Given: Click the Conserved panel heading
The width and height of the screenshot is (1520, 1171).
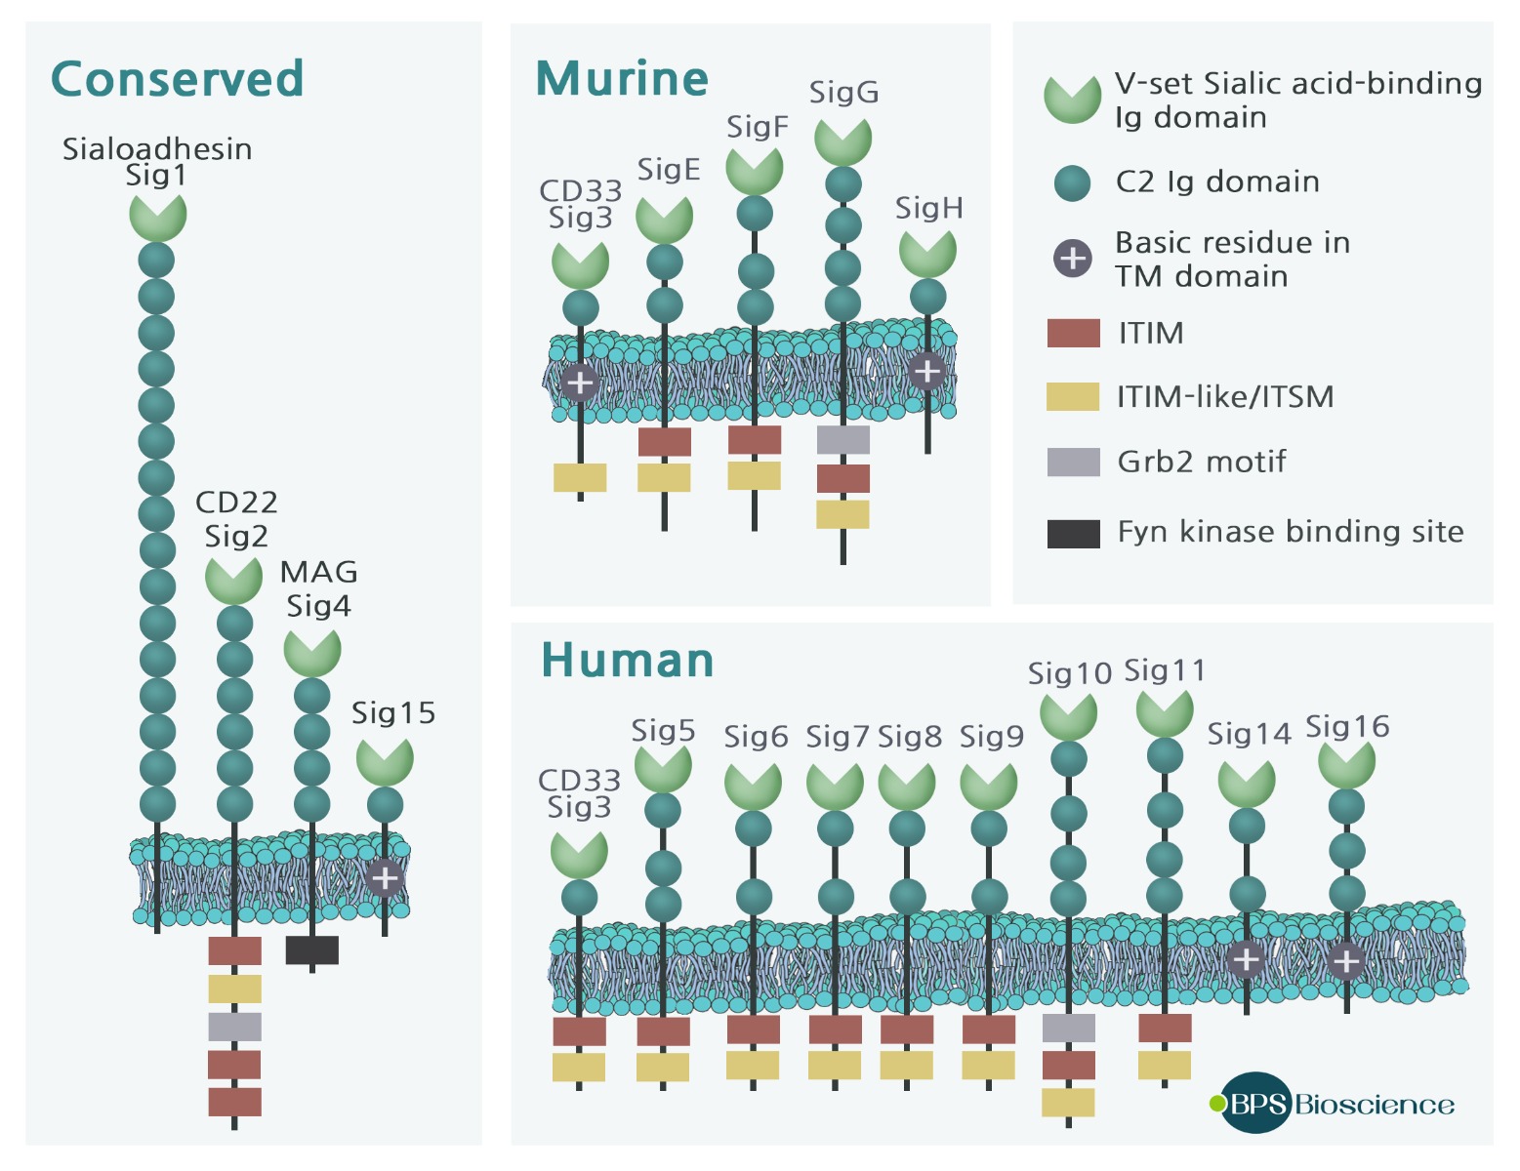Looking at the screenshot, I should pyautogui.click(x=177, y=79).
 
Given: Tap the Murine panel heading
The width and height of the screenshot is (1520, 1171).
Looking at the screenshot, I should pyautogui.click(x=622, y=79).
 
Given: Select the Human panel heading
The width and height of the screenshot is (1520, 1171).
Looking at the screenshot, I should pyautogui.click(x=627, y=661).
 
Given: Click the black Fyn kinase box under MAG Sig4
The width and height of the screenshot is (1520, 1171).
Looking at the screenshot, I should pyautogui.click(x=312, y=949).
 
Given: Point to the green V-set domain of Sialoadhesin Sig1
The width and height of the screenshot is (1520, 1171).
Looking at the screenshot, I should pyautogui.click(x=157, y=215).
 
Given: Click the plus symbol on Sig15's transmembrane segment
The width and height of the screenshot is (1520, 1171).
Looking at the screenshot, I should pyautogui.click(x=385, y=878).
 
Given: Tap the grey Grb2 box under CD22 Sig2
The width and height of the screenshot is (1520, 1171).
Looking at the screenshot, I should pyautogui.click(x=234, y=1027).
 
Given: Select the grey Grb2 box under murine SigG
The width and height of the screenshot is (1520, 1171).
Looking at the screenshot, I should pyautogui.click(x=842, y=440).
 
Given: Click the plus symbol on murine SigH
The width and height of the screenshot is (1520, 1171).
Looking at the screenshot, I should pyautogui.click(x=926, y=371).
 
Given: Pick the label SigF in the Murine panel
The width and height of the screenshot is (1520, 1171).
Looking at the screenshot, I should pyautogui.click(x=757, y=127).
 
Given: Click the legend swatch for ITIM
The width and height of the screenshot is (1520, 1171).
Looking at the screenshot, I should pyautogui.click(x=1073, y=334).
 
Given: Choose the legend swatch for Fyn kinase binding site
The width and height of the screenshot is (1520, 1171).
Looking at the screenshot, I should pyautogui.click(x=1073, y=533).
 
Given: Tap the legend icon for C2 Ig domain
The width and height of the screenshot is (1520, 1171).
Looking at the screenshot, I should pyautogui.click(x=1073, y=182).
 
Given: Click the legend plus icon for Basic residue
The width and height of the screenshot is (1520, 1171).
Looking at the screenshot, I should pyautogui.click(x=1073, y=259).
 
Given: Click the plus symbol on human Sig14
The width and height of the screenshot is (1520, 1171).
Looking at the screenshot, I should pyautogui.click(x=1246, y=960).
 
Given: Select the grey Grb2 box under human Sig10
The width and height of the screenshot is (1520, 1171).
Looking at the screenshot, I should pyautogui.click(x=1068, y=1028).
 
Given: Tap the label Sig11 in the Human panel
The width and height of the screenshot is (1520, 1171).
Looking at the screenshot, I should pyautogui.click(x=1165, y=671).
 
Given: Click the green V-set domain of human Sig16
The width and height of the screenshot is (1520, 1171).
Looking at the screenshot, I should pyautogui.click(x=1346, y=764).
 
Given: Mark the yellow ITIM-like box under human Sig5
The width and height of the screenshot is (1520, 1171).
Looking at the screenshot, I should pyautogui.click(x=663, y=1067).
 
